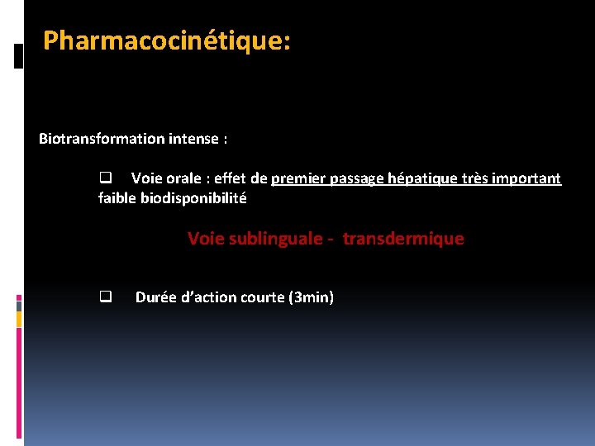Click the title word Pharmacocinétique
tap(166, 40)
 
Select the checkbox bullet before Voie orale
tap(106, 178)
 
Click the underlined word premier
tap(297, 178)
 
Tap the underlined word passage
tap(356, 179)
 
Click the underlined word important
tap(526, 178)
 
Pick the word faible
tap(117, 198)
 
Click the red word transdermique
tap(403, 239)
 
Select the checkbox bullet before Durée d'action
tap(106, 297)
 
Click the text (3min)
tap(310, 297)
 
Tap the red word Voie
tap(205, 239)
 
